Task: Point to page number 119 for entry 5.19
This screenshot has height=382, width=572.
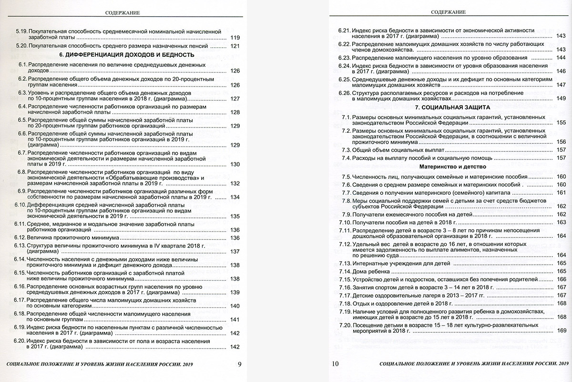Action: click(x=235, y=38)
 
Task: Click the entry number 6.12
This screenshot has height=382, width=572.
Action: click(x=20, y=237)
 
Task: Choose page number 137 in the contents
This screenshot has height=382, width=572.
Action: click(x=235, y=252)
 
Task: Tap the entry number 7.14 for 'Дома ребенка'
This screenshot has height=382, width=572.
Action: click(x=344, y=271)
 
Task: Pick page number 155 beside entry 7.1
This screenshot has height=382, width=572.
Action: click(x=561, y=123)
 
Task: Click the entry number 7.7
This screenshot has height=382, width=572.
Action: click(x=346, y=192)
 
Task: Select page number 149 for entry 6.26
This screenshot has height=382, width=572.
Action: click(x=561, y=98)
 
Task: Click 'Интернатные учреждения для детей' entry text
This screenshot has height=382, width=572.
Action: click(x=399, y=263)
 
